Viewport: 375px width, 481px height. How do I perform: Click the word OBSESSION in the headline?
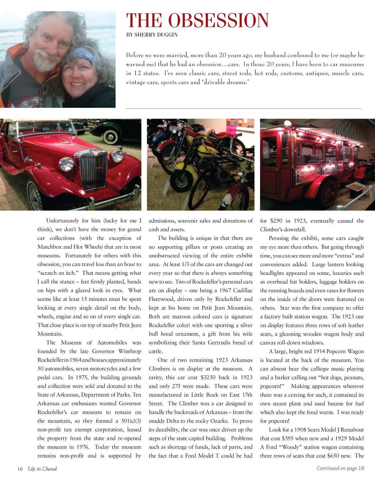pos(218,20)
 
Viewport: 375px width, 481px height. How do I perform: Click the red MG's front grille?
pos(94,170)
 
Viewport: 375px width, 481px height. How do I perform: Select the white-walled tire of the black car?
pos(110,136)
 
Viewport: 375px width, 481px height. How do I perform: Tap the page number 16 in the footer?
pos(20,469)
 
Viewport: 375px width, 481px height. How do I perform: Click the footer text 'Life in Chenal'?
pos(42,469)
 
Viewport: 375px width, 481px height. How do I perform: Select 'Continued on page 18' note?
pos(340,468)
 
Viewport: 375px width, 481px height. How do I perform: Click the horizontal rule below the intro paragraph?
pos(244,109)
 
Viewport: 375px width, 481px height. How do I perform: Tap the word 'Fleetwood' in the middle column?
pos(161,299)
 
